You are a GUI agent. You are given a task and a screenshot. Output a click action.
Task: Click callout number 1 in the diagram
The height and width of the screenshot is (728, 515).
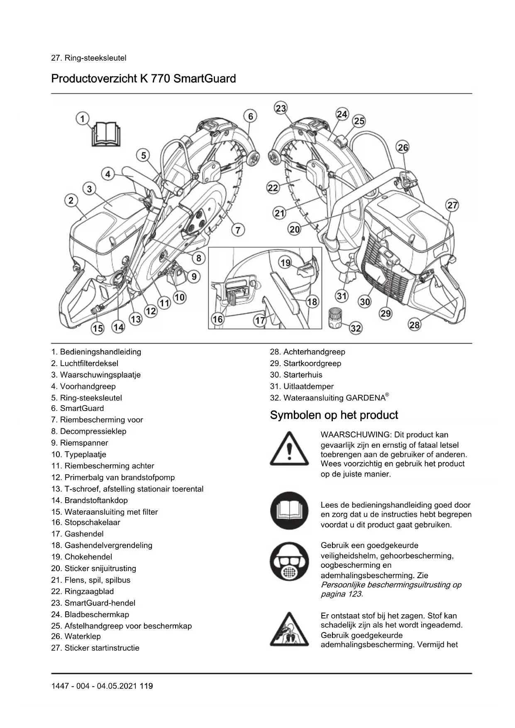[83, 119]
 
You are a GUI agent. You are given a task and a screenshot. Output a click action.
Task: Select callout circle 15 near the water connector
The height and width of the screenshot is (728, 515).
[98, 329]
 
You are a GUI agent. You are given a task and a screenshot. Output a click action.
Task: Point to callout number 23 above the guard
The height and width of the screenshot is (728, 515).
[281, 108]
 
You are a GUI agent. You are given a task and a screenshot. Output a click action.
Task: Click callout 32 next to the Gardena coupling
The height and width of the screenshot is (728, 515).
[356, 329]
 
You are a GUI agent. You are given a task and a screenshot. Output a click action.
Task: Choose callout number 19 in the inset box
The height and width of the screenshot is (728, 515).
[286, 263]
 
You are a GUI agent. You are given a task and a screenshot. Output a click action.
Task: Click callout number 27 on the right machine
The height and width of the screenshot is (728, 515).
[452, 205]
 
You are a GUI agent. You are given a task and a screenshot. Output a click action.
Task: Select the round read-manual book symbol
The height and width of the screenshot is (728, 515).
[289, 511]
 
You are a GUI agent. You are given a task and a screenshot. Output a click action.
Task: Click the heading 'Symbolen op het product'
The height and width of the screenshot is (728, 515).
[334, 415]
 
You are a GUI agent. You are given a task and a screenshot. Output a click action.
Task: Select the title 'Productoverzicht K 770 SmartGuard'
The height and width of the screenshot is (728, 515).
[143, 78]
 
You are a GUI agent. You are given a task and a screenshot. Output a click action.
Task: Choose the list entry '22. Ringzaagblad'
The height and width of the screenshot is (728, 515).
[83, 591]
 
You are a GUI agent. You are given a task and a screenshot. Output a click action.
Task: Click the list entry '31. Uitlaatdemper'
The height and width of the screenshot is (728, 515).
[302, 386]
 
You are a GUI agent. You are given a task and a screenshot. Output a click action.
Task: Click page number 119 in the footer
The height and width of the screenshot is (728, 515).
[146, 686]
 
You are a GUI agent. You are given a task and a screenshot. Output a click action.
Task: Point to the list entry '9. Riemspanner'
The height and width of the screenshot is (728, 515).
[80, 443]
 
